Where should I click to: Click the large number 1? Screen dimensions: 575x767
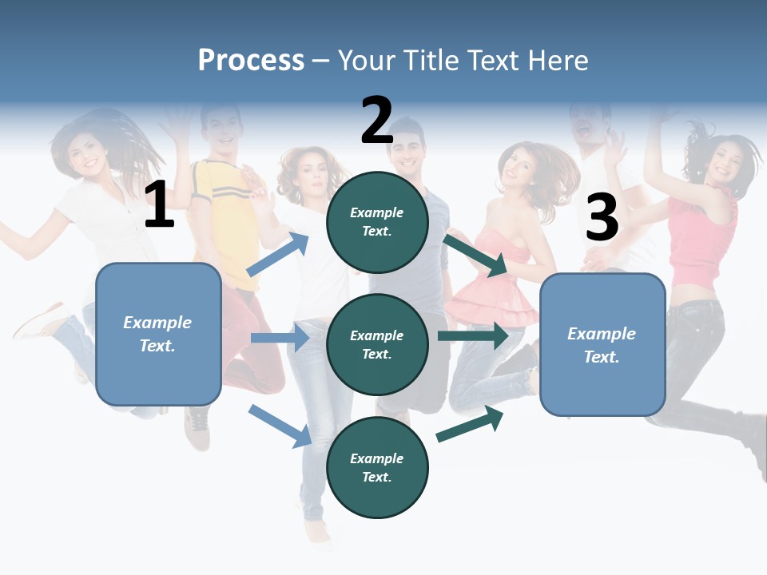point(159,204)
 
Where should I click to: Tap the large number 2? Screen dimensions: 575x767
point(376,121)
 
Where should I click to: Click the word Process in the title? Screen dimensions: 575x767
point(251,61)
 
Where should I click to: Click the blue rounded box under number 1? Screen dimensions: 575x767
point(158,334)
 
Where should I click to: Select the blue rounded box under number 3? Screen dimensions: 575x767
point(602,345)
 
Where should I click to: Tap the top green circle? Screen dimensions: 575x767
point(377,222)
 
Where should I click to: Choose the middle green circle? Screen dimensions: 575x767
point(377,344)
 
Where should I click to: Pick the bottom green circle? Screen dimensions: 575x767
point(377,467)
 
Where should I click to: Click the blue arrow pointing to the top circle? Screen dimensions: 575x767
point(277,254)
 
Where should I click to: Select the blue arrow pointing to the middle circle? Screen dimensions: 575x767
point(280,338)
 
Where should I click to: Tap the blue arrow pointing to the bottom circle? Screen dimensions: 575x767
point(280,426)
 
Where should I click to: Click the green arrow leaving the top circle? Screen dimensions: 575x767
point(475,255)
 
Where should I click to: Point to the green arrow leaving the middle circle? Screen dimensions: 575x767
point(473,336)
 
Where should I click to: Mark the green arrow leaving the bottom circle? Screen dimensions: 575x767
point(471,423)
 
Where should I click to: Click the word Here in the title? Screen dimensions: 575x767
point(558,61)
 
